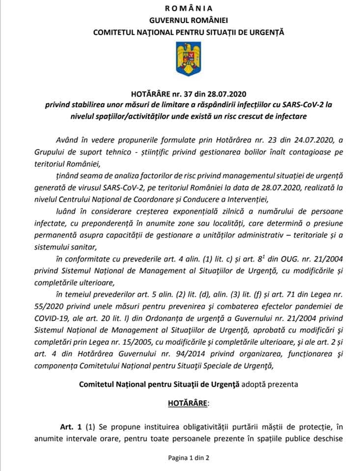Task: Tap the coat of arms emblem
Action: pyautogui.click(x=180, y=58)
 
